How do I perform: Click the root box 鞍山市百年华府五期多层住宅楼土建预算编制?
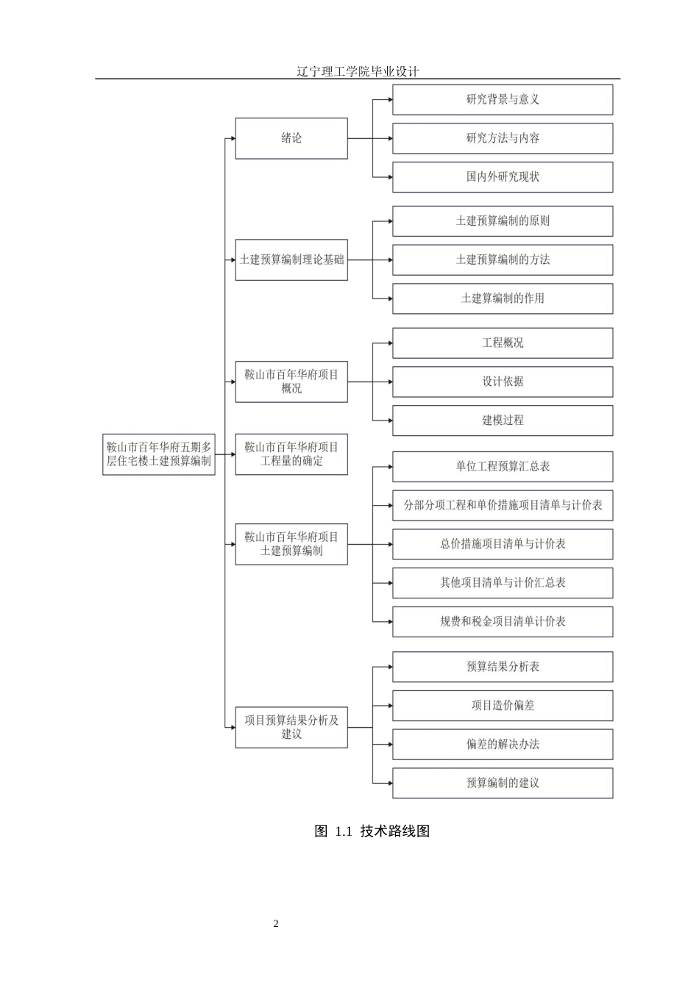[159, 454]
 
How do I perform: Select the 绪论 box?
[291, 138]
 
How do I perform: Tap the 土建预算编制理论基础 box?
[291, 259]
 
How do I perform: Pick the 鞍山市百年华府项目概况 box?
[291, 382]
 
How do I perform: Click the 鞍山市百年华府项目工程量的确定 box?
[291, 454]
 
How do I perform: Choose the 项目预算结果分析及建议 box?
[291, 727]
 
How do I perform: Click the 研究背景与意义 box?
[503, 99]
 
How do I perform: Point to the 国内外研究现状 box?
[503, 177]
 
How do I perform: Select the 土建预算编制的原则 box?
[503, 221]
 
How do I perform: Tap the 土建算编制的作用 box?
[503, 298]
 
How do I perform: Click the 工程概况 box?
[503, 343]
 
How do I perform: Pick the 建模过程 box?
[503, 420]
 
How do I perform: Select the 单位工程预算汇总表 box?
[503, 466]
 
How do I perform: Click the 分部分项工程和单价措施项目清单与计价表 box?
[503, 505]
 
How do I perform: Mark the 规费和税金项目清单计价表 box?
[503, 621]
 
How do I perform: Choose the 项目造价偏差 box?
[503, 705]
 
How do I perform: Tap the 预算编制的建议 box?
[503, 783]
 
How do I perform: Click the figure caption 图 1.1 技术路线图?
[372, 831]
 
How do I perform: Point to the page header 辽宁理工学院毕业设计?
[358, 71]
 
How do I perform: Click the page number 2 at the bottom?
[276, 924]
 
